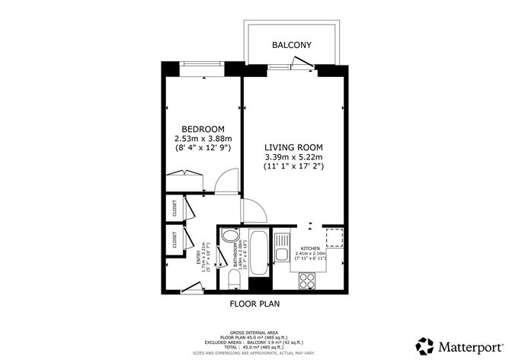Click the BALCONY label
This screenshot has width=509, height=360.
coord(292,46)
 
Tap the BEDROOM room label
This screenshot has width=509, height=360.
coord(203,128)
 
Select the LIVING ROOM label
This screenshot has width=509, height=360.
coord(293,147)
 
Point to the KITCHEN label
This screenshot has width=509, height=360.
coord(310,249)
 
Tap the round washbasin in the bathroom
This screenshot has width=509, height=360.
coord(230,236)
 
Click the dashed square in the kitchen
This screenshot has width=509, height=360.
coord(335,238)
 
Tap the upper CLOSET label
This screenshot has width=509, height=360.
coord(175,208)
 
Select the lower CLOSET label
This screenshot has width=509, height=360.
coord(175,239)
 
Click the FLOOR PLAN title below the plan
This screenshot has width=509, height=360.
coord(255,304)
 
